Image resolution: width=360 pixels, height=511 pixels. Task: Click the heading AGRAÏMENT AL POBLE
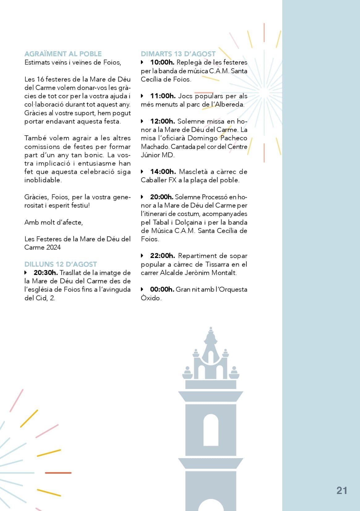(63, 54)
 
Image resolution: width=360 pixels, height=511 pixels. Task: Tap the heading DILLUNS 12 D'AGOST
(61, 264)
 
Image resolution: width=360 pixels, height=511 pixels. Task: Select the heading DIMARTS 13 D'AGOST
(178, 54)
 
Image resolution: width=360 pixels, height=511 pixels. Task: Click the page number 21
(341, 491)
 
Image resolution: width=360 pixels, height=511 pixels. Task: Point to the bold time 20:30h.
(46, 273)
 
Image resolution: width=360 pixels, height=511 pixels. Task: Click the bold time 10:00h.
(162, 62)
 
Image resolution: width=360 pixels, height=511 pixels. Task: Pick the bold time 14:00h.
(163, 172)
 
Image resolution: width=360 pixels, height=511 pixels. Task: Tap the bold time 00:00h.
(162, 289)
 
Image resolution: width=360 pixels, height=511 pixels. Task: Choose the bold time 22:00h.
(163, 256)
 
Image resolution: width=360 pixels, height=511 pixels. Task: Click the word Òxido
(151, 298)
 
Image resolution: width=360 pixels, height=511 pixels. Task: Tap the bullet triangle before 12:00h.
(142, 121)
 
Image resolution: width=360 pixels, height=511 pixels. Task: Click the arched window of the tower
(211, 429)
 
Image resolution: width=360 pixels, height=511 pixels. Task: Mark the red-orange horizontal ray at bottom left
(58, 473)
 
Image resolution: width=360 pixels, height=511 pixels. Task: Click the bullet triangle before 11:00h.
(142, 96)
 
